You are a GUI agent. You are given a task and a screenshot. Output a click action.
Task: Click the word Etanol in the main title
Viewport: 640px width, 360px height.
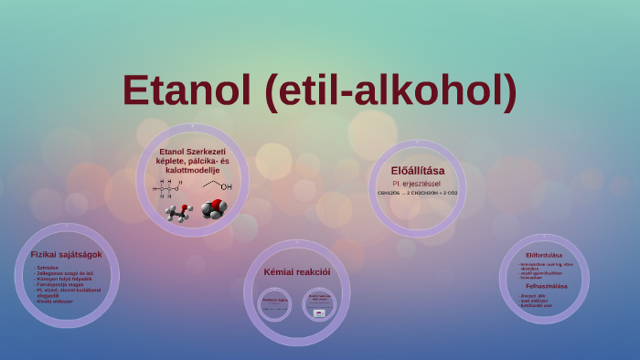coord(188,90)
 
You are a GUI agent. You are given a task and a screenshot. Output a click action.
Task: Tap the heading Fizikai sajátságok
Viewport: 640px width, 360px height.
coord(66,254)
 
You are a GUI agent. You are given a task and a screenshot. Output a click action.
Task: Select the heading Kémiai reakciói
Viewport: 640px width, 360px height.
coord(297,271)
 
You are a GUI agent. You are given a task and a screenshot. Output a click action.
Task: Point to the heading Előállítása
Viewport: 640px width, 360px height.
coord(417,170)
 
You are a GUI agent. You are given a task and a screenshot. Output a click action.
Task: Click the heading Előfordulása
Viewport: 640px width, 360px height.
coord(544,255)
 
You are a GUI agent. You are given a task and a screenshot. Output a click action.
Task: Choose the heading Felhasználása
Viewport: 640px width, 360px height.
coord(546,285)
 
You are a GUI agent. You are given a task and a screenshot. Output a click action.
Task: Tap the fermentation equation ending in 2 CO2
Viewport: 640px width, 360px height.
coord(417,193)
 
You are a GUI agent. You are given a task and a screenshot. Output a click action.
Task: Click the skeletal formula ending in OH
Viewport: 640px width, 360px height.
coord(218,185)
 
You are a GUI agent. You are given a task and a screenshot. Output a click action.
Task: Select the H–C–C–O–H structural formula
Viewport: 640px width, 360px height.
coord(166,188)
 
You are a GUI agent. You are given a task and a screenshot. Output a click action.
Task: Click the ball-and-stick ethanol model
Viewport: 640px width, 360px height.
coord(176,212)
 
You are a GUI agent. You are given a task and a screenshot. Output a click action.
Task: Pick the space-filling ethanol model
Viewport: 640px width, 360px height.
coord(214,209)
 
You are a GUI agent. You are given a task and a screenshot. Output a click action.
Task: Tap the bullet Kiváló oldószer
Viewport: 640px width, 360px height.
coord(55,301)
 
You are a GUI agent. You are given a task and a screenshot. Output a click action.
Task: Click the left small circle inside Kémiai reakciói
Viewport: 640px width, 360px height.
coord(275,304)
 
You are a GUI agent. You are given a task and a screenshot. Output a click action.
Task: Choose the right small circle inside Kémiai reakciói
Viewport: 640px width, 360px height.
coord(319,304)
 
